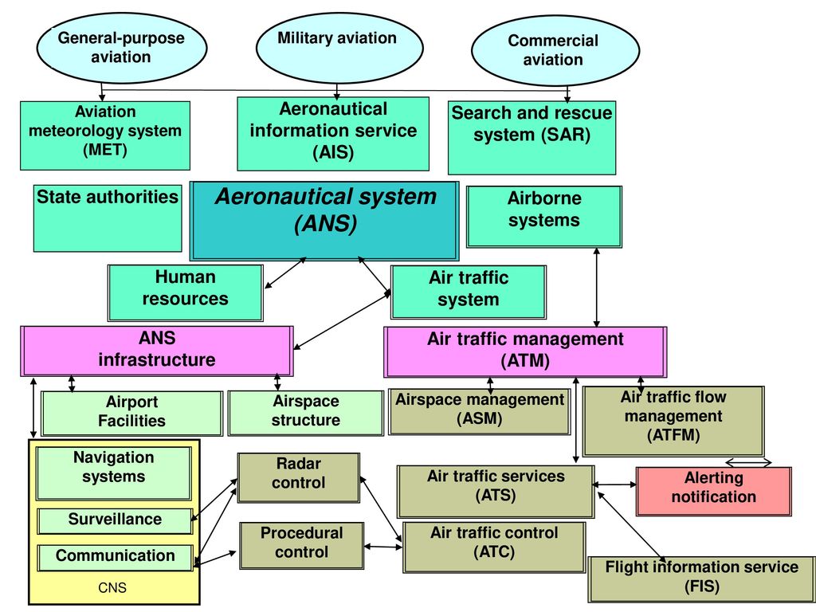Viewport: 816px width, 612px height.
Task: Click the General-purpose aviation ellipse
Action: pos(122,47)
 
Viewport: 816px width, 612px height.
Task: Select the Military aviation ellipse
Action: pos(339,47)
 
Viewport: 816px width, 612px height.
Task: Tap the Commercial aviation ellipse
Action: pos(555,50)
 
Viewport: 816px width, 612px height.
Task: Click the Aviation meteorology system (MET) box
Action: pos(105,135)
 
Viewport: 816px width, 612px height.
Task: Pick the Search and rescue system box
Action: pos(532,138)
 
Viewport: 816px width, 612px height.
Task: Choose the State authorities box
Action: pos(108,218)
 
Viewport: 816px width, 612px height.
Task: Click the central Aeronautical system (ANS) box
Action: pos(325,221)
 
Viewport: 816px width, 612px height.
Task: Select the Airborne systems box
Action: pos(543,217)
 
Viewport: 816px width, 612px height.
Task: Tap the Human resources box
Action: pos(185,293)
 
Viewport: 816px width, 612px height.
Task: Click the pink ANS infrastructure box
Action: pos(157,351)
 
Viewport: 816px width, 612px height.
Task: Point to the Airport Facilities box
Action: pos(131,414)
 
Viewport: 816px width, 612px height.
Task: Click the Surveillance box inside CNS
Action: pos(115,521)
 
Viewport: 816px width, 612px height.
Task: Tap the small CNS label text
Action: pos(112,588)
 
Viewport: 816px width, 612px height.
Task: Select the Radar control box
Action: pos(299,478)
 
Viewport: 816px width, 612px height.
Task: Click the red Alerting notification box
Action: pos(713,491)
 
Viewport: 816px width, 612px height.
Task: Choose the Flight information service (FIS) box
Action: pos(701,579)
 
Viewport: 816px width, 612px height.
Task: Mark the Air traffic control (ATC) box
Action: pos(494,547)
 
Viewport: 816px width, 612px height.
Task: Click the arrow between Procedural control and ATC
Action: pos(383,547)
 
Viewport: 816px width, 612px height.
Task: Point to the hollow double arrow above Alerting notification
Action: pos(748,462)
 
